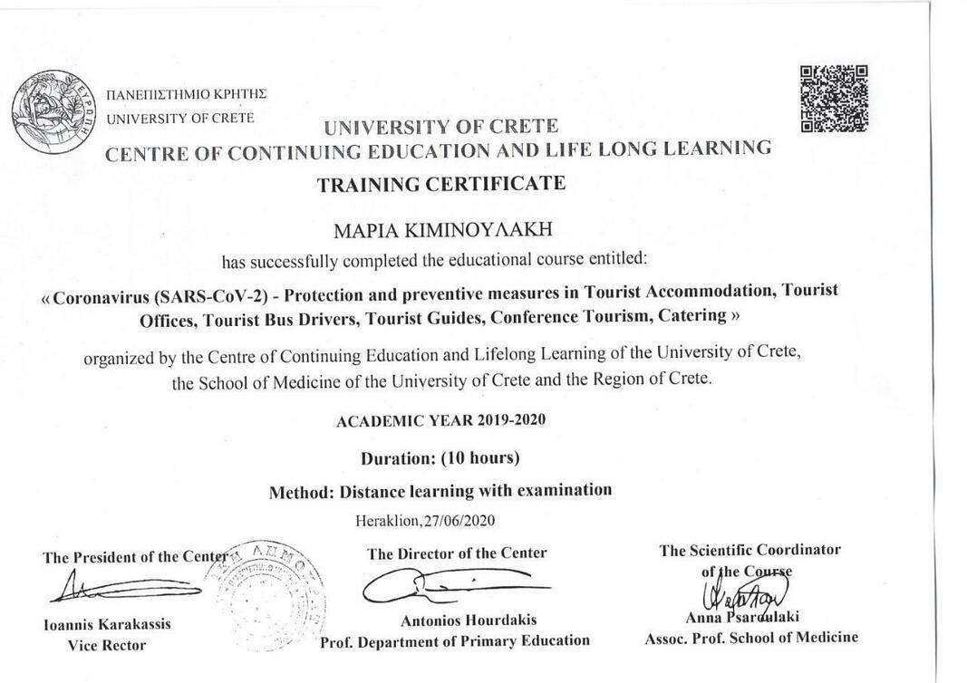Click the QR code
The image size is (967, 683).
834,98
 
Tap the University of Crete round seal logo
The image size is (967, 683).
53,111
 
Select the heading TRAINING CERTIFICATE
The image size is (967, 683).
441,184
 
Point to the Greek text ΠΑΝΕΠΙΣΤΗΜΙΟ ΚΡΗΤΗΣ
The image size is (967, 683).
186,94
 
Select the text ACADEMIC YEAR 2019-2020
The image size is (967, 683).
440,420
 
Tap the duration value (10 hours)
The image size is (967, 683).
479,457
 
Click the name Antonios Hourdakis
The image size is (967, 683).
469,620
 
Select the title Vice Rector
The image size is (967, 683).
106,645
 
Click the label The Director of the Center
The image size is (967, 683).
457,553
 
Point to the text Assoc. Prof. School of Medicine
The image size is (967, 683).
750,637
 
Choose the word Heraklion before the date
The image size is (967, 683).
387,520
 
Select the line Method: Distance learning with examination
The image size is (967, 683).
440,491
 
